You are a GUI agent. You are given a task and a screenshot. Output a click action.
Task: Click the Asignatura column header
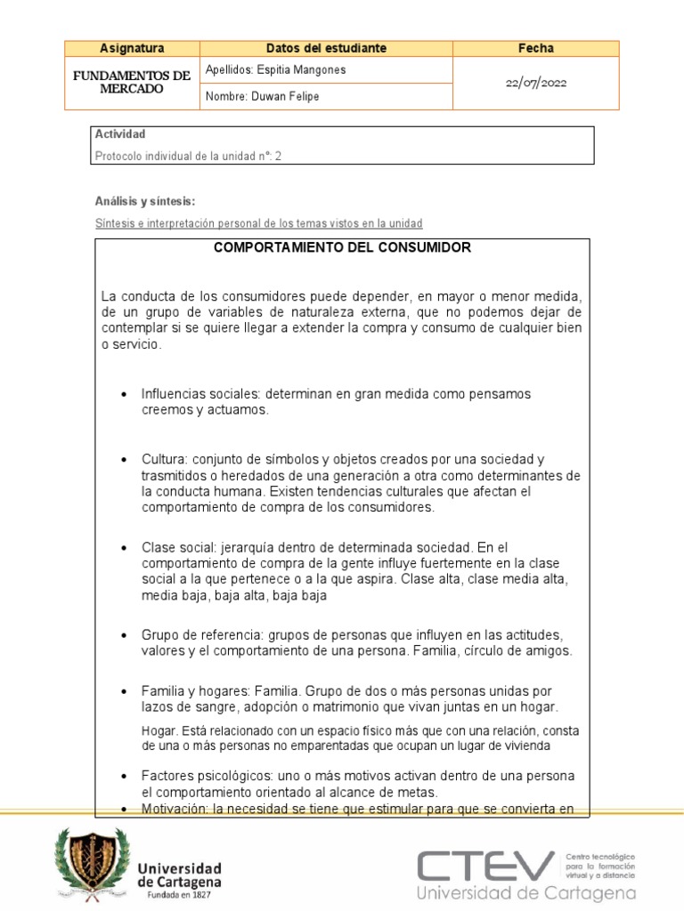[132, 48]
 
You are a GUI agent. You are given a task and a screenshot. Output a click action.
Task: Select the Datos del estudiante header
[326, 48]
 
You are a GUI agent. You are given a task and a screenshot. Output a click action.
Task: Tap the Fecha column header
[535, 48]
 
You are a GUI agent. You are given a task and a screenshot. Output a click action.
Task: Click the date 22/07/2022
[535, 83]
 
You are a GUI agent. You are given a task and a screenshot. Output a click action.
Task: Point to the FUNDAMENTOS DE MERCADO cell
[132, 83]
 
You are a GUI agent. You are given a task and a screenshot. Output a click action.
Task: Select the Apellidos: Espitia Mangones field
[275, 69]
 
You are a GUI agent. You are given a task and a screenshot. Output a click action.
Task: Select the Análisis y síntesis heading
[144, 201]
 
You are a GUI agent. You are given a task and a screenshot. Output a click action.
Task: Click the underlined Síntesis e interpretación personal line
[258, 222]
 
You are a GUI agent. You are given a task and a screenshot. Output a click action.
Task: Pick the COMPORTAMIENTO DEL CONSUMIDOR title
[343, 248]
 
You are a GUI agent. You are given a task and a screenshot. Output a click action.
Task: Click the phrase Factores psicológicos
[205, 775]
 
